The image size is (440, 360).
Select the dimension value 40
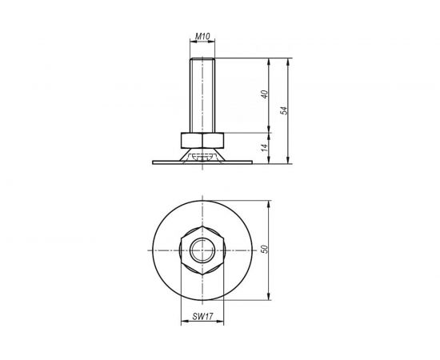(262, 95)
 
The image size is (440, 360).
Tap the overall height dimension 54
(283, 110)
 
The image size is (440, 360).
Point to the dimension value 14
(262, 147)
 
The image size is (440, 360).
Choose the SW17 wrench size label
(202, 316)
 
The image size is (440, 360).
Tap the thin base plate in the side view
(202, 162)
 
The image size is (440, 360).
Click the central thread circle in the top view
(202, 250)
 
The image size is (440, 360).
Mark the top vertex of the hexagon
(202, 227)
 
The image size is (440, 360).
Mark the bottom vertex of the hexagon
(202, 272)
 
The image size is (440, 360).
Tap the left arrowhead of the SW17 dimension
(185, 322)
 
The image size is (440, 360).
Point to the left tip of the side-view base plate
(153, 162)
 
